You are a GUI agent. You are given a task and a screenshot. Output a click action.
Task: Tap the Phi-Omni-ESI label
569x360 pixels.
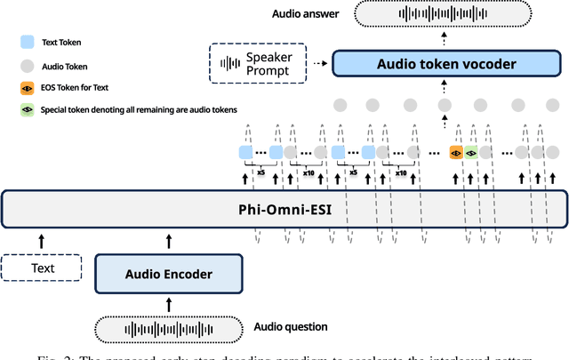click(284, 211)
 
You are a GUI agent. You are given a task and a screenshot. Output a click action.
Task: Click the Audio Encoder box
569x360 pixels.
click(168, 274)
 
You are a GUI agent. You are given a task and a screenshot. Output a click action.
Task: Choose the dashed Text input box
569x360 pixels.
click(42, 268)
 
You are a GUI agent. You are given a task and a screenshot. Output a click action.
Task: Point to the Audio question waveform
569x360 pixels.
click(168, 328)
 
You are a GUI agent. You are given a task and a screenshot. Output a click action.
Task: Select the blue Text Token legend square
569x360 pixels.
click(28, 40)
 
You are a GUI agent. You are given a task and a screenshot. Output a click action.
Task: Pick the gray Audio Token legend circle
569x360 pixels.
click(28, 64)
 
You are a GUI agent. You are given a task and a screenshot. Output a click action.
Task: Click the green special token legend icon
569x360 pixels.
click(28, 111)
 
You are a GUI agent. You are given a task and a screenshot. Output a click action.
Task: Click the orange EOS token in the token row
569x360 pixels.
click(456, 153)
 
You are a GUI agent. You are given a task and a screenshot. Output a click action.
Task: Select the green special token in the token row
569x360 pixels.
click(470, 153)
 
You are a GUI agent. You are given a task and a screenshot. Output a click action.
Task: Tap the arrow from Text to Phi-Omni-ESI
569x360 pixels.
click(42, 239)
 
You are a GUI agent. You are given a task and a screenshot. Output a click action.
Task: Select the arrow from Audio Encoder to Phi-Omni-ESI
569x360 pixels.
click(168, 239)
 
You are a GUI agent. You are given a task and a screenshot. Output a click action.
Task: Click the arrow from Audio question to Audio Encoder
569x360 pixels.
click(168, 303)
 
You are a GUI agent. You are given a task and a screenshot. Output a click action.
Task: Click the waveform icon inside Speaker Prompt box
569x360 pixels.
click(230, 63)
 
